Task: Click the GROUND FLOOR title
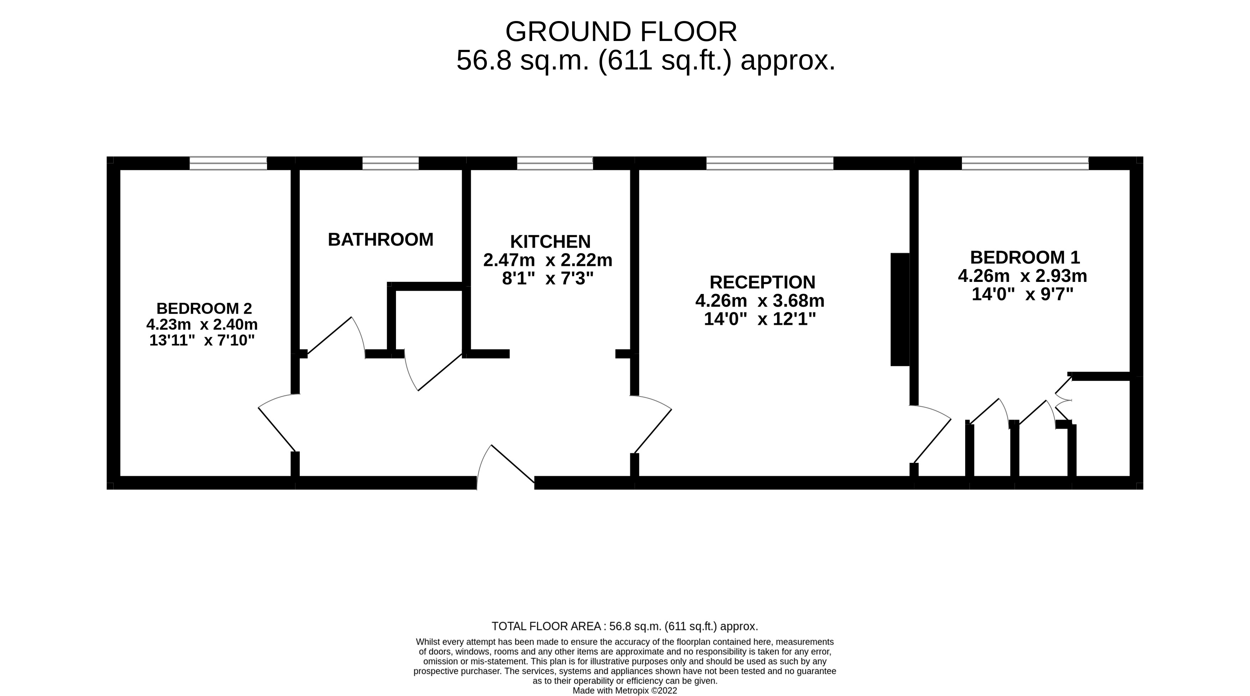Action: [x=621, y=32]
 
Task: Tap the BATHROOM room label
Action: [x=380, y=239]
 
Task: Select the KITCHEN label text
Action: [x=550, y=242]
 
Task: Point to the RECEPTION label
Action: [x=762, y=282]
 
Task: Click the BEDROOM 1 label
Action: [x=1025, y=257]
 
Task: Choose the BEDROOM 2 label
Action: [x=204, y=309]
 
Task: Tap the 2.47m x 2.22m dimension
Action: [x=548, y=261]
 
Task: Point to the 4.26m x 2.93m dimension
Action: [x=1022, y=276]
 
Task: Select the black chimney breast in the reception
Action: [x=900, y=309]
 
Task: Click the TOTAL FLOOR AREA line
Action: [x=624, y=626]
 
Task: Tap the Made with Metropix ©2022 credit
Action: [x=624, y=691]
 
